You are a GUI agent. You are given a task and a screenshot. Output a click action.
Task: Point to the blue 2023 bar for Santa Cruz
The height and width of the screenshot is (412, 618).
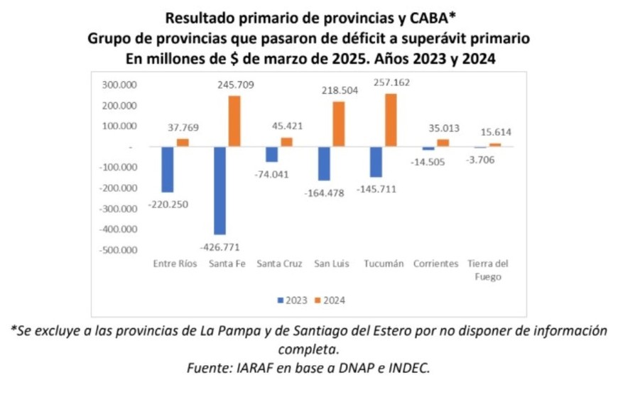pos(271,154)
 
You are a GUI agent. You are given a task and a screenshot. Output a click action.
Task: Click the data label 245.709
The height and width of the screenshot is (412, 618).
pos(234,85)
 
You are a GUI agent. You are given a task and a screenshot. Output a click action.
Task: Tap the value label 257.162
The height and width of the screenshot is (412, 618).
pos(390,82)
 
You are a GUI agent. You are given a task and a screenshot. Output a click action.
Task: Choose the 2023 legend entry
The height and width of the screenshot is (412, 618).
pos(291,300)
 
